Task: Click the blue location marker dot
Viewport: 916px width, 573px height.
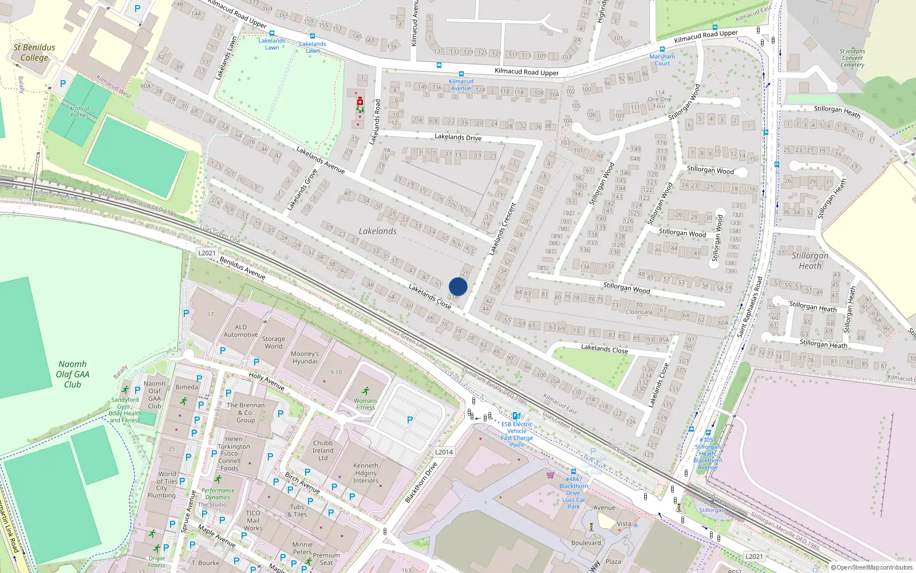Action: click(x=458, y=286)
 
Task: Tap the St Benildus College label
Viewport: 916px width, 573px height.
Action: click(x=34, y=52)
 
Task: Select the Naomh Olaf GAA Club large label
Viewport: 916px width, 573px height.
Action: click(x=73, y=374)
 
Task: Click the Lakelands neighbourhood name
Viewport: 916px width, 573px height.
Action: click(x=377, y=231)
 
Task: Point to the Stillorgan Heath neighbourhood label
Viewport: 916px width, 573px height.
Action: click(x=810, y=261)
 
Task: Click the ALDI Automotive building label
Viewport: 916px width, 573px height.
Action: click(x=240, y=331)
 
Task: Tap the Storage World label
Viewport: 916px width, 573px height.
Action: click(x=273, y=343)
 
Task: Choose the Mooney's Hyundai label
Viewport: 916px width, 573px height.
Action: click(x=305, y=358)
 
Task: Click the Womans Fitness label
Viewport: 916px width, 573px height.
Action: click(x=365, y=404)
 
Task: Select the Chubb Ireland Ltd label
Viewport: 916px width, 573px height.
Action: click(x=323, y=450)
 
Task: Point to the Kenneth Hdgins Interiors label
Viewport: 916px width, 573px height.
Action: click(x=366, y=473)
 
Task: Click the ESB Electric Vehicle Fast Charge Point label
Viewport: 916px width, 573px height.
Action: click(x=516, y=434)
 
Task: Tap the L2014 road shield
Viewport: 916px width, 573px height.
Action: click(x=444, y=452)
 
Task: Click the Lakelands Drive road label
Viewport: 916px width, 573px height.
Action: click(x=458, y=137)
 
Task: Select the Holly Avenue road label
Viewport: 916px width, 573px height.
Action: click(x=266, y=381)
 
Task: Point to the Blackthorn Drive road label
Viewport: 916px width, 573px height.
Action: click(x=421, y=482)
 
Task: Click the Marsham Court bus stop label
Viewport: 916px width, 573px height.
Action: click(x=662, y=60)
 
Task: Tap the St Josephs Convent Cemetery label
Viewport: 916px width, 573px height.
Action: click(x=852, y=58)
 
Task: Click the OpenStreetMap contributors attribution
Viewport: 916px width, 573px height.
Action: click(x=872, y=567)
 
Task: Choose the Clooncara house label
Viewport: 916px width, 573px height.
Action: click(x=639, y=312)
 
